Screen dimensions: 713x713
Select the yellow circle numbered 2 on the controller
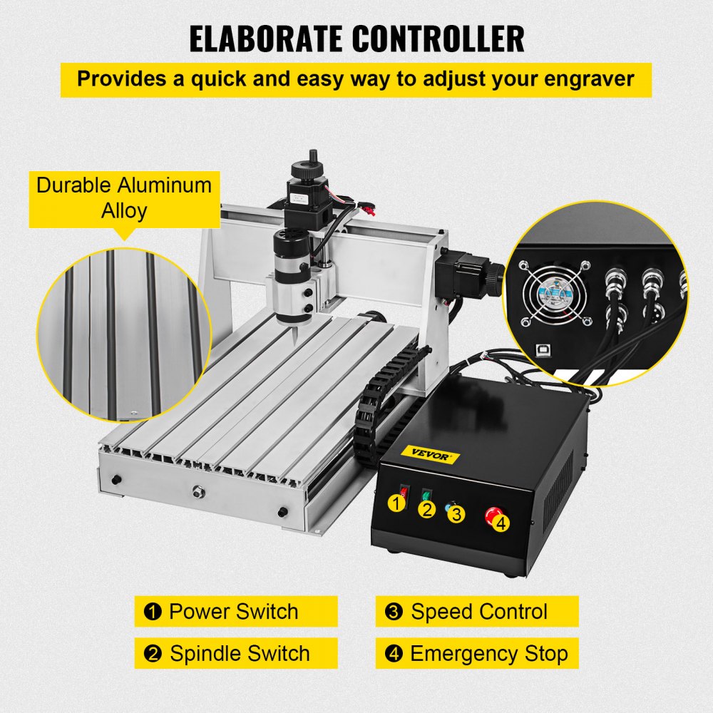click(x=427, y=509)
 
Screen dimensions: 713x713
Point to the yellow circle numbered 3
click(x=457, y=514)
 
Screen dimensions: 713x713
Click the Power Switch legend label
click(x=235, y=612)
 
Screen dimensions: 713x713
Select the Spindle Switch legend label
click(x=235, y=654)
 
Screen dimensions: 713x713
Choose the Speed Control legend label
click(x=477, y=612)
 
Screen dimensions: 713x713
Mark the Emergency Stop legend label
click(x=477, y=654)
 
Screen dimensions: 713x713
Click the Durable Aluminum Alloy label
click(x=124, y=198)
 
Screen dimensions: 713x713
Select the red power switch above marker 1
click(x=403, y=491)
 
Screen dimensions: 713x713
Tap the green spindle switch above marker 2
click(x=427, y=494)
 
